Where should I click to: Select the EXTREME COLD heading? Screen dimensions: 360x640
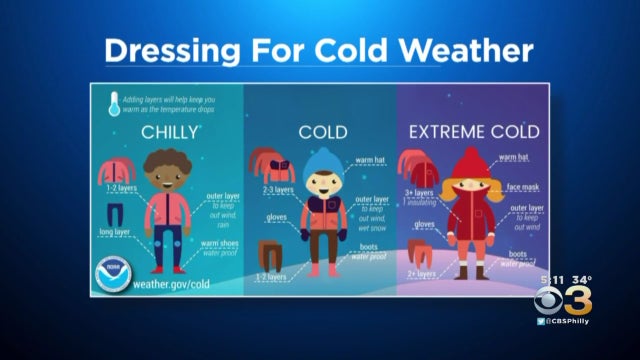pos(474,131)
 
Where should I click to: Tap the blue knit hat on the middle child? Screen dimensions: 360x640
pos(322,162)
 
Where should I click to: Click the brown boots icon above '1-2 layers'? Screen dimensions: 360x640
pos(270,253)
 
